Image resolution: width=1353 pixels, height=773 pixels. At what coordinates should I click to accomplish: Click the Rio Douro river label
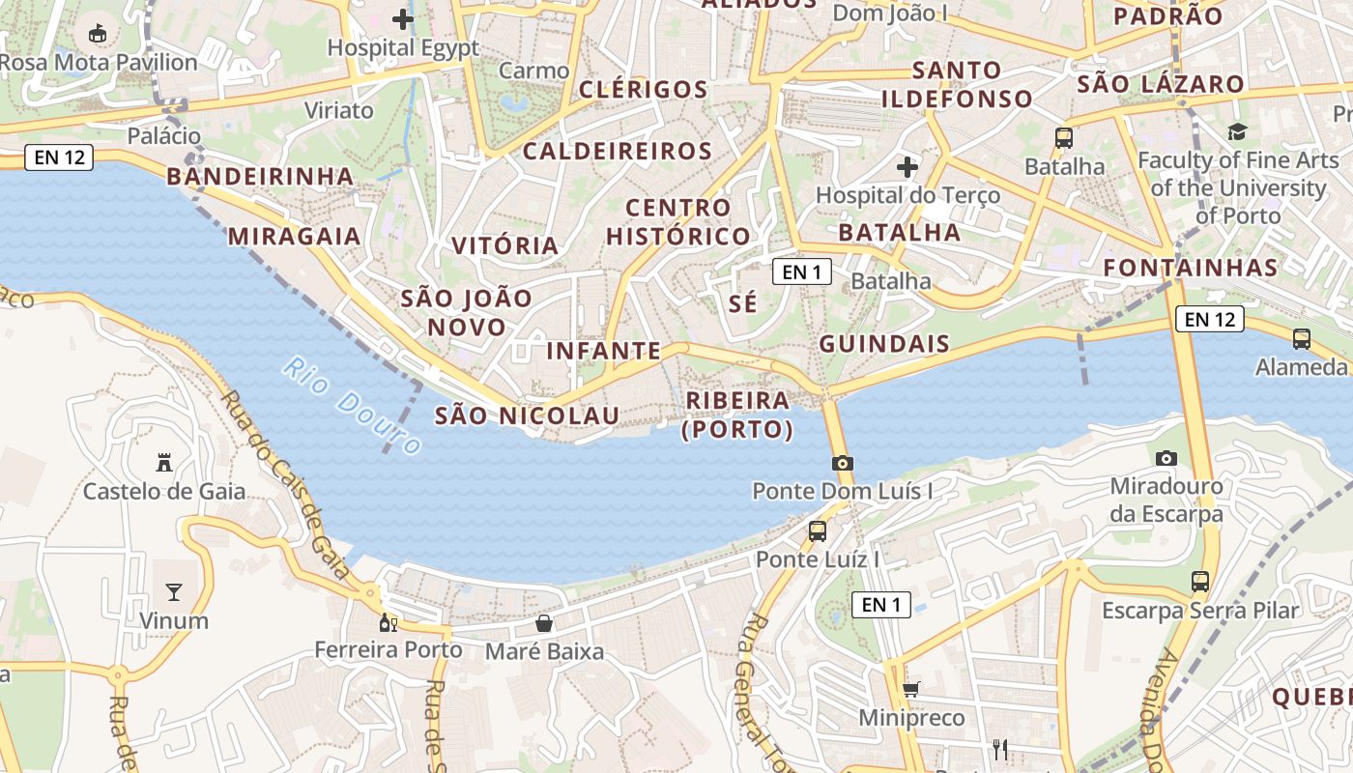coord(354,406)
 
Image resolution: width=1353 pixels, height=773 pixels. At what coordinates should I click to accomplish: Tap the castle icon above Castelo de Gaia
coord(164,463)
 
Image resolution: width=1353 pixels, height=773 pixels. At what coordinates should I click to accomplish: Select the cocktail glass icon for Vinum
coord(174,591)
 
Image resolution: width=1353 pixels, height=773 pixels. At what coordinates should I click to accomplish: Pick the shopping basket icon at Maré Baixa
coord(544,623)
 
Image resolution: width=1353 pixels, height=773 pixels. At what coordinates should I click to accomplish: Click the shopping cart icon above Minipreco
coord(910,689)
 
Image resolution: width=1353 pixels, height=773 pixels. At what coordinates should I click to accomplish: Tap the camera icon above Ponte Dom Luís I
coord(843,463)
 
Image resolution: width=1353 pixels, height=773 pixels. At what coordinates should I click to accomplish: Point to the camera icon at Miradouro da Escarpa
coord(1166,458)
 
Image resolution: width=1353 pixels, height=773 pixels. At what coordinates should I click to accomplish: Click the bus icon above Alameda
coord(1302,338)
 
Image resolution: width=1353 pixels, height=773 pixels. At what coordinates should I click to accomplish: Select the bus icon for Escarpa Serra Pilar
coord(1200,581)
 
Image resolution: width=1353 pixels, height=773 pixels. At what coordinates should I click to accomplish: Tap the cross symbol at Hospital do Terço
coord(907,166)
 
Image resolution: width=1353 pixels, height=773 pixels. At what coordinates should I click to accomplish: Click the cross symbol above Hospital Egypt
coord(403,18)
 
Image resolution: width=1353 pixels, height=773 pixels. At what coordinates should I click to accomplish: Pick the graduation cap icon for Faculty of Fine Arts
coord(1237,131)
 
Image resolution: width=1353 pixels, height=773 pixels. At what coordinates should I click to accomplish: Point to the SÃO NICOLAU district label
coord(527,415)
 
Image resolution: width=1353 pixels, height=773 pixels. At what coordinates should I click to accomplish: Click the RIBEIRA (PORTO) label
coord(737,415)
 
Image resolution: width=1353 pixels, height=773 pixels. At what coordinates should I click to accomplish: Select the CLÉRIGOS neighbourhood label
coord(644,90)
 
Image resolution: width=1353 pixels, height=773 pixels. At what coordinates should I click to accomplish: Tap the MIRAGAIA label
coord(295,236)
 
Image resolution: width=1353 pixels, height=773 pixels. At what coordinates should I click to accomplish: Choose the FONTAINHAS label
coord(1191,267)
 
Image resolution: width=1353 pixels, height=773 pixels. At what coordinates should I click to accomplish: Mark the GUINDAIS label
coord(884,343)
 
